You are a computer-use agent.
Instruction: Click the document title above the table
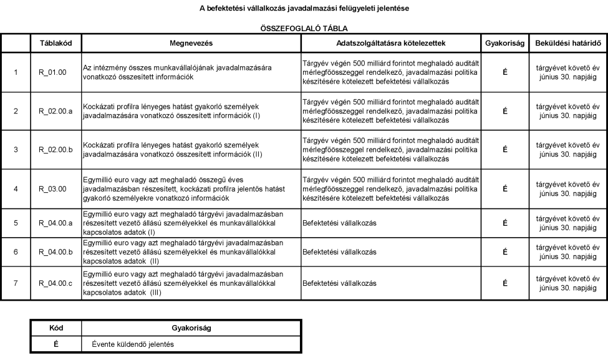(304, 7)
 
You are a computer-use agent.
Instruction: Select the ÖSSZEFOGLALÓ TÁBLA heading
(304, 29)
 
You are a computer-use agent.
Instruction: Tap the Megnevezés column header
(191, 44)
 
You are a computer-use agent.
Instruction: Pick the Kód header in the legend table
(56, 326)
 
